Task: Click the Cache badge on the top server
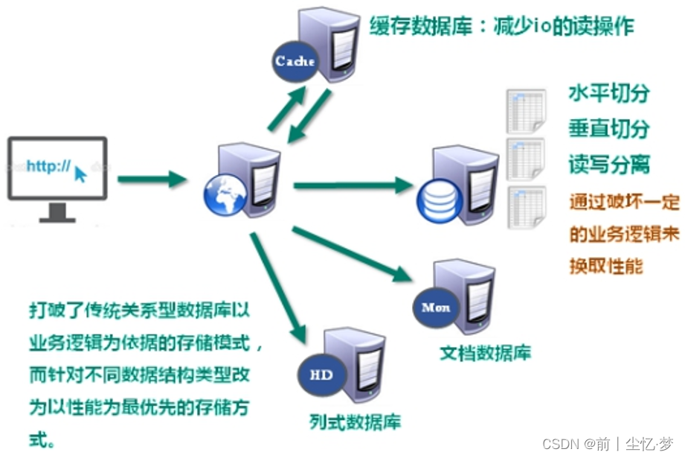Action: (295, 62)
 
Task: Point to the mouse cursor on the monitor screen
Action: (80, 175)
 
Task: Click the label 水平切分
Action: (608, 94)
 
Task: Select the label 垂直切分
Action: (608, 128)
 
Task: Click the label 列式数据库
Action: (355, 422)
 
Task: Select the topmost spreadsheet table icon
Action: (525, 111)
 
